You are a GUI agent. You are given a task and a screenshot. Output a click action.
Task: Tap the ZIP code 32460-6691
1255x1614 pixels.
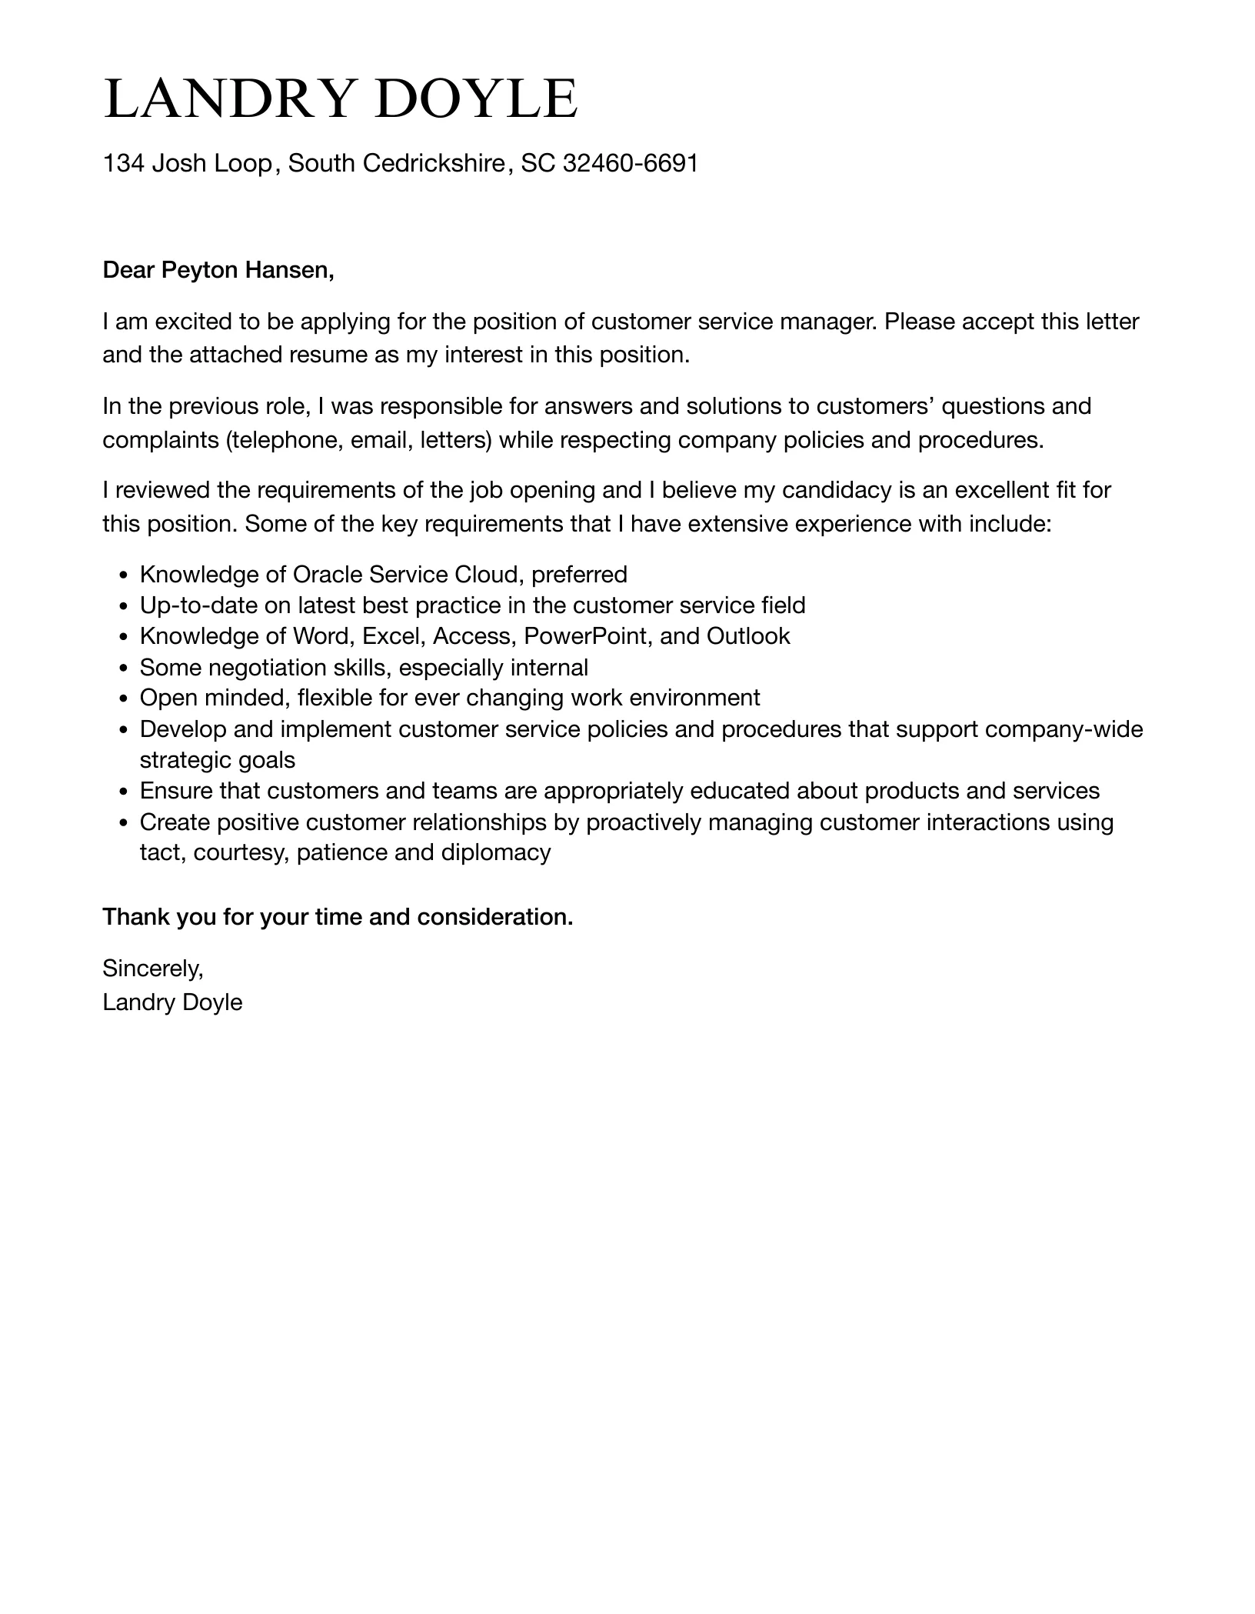coord(631,163)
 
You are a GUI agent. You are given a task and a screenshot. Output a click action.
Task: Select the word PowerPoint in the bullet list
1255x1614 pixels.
coord(588,636)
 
